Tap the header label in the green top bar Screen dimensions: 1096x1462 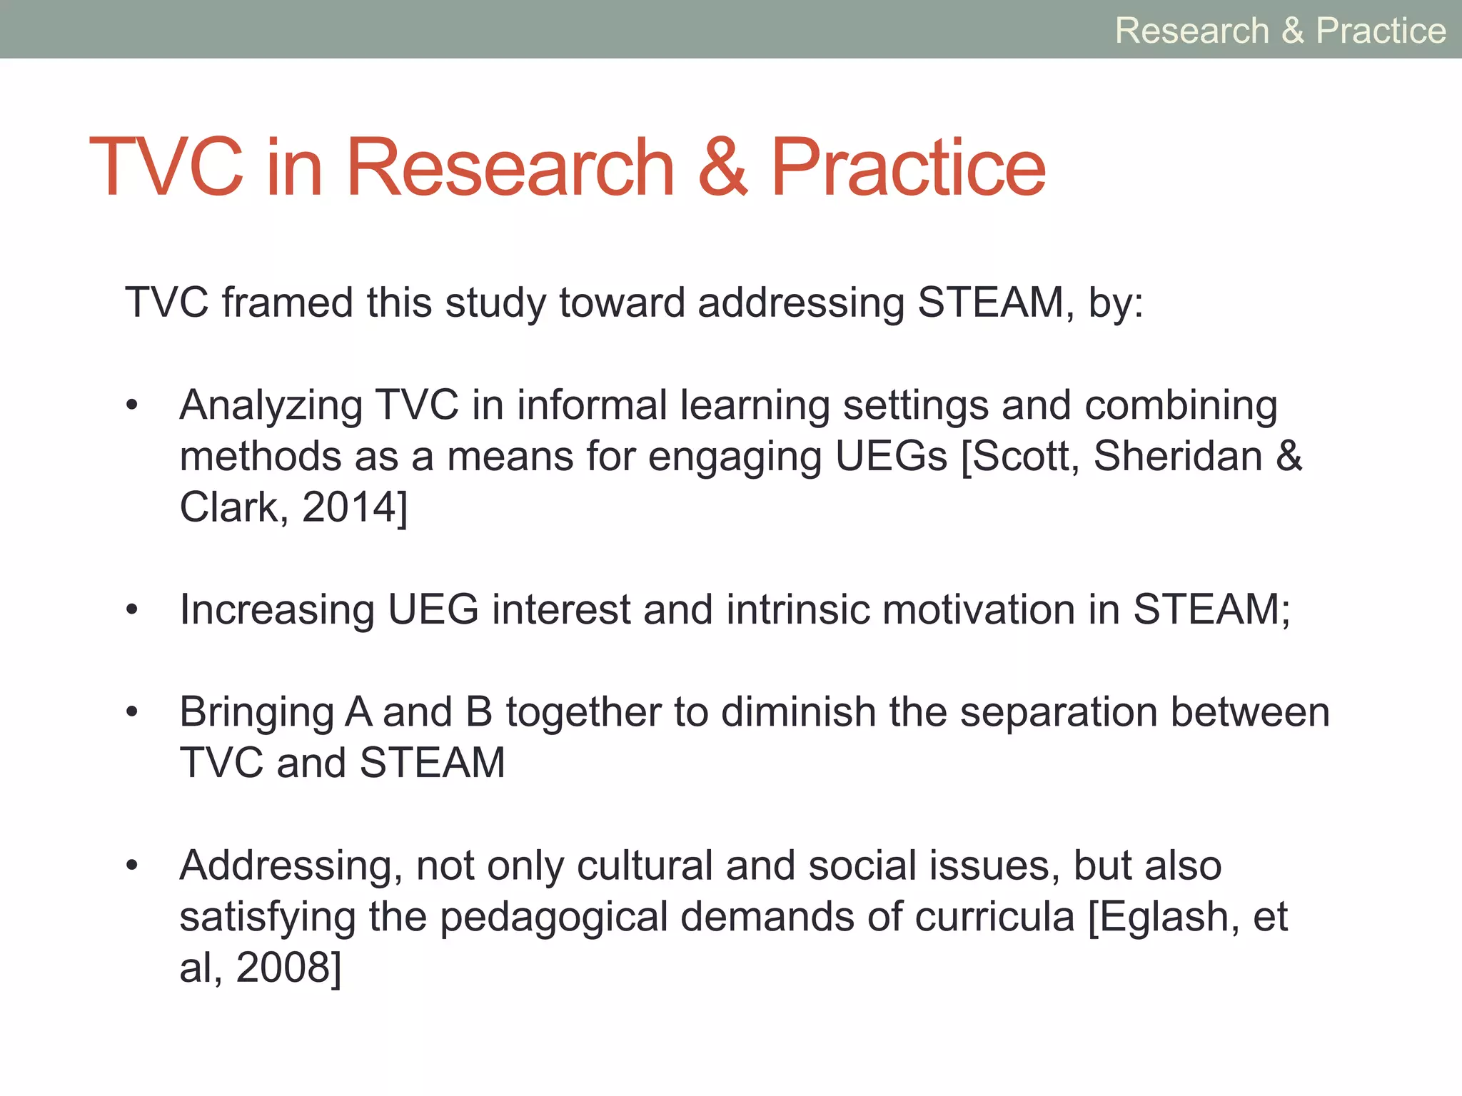tap(1280, 31)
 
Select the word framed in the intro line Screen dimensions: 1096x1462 tap(287, 302)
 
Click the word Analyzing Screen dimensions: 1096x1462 tap(271, 405)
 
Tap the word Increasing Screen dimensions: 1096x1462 tap(277, 610)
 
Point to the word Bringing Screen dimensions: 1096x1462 tap(256, 713)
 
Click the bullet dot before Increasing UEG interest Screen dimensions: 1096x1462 tap(131, 611)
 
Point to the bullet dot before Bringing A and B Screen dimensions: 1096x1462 tap(131, 713)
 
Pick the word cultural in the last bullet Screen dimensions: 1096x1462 tap(644, 866)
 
